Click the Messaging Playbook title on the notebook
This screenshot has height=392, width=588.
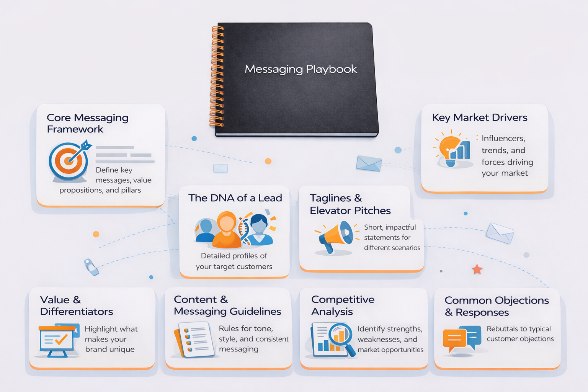click(301, 69)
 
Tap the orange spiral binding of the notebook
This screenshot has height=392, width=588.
click(217, 77)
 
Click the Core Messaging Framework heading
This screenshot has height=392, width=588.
click(87, 123)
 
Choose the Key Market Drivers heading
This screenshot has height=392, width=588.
click(480, 118)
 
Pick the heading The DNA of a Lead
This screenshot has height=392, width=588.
click(235, 198)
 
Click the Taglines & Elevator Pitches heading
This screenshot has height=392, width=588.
click(350, 204)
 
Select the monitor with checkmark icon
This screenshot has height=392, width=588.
click(57, 340)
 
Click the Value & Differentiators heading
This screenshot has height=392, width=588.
click(77, 305)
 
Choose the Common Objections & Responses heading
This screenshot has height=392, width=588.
click(497, 306)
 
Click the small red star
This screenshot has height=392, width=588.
click(477, 269)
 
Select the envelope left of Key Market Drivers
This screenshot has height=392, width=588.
click(369, 163)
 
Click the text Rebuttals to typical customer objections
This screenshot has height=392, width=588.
click(520, 334)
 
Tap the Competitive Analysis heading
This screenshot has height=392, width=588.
click(343, 305)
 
